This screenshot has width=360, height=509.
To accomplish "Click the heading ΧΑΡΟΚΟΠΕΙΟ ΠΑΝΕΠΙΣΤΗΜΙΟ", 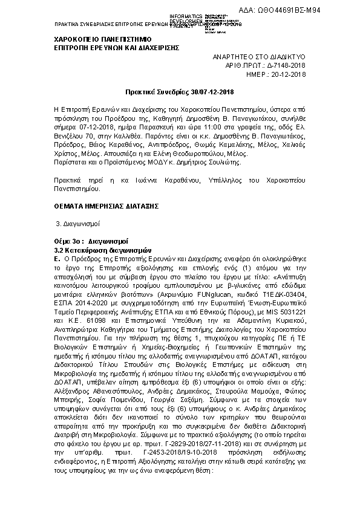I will (x=104, y=38).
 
